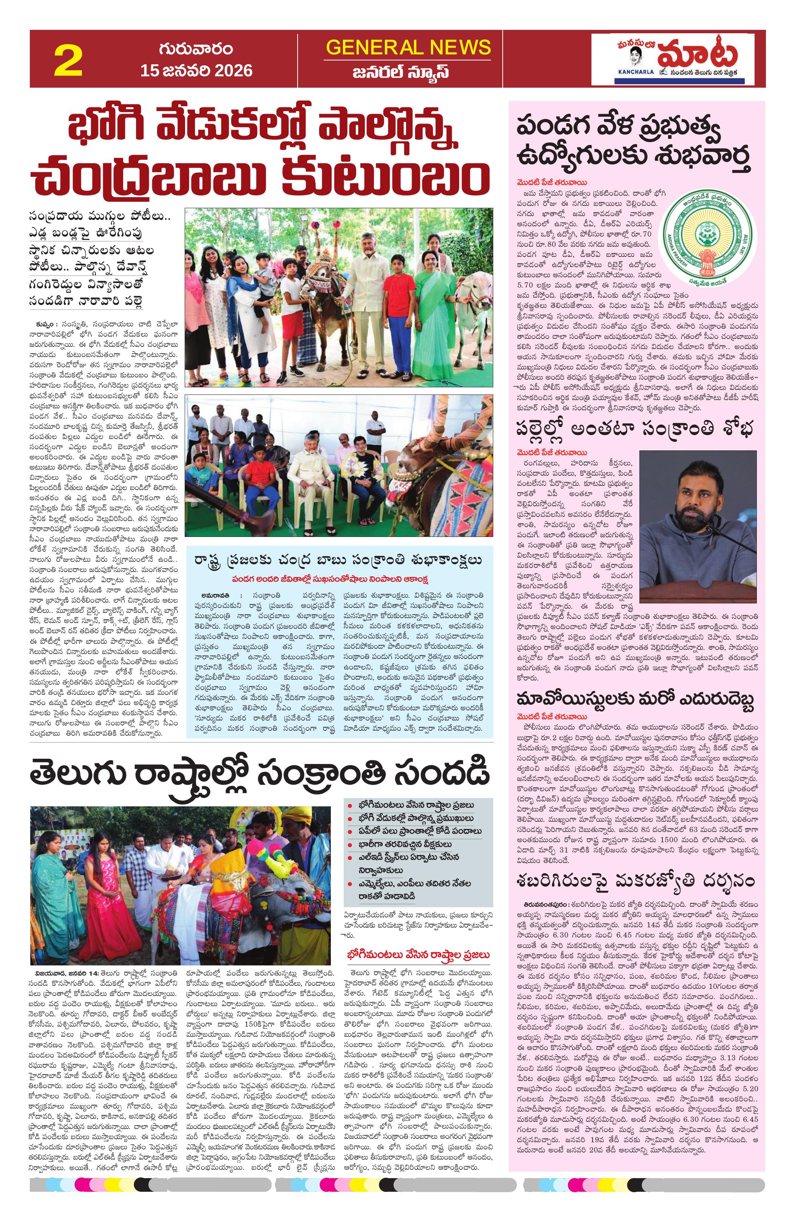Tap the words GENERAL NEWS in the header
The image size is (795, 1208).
click(x=408, y=48)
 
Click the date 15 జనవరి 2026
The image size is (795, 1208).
click(x=196, y=70)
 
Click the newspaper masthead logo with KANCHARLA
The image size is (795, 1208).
click(x=672, y=59)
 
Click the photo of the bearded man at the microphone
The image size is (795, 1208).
click(x=699, y=526)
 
